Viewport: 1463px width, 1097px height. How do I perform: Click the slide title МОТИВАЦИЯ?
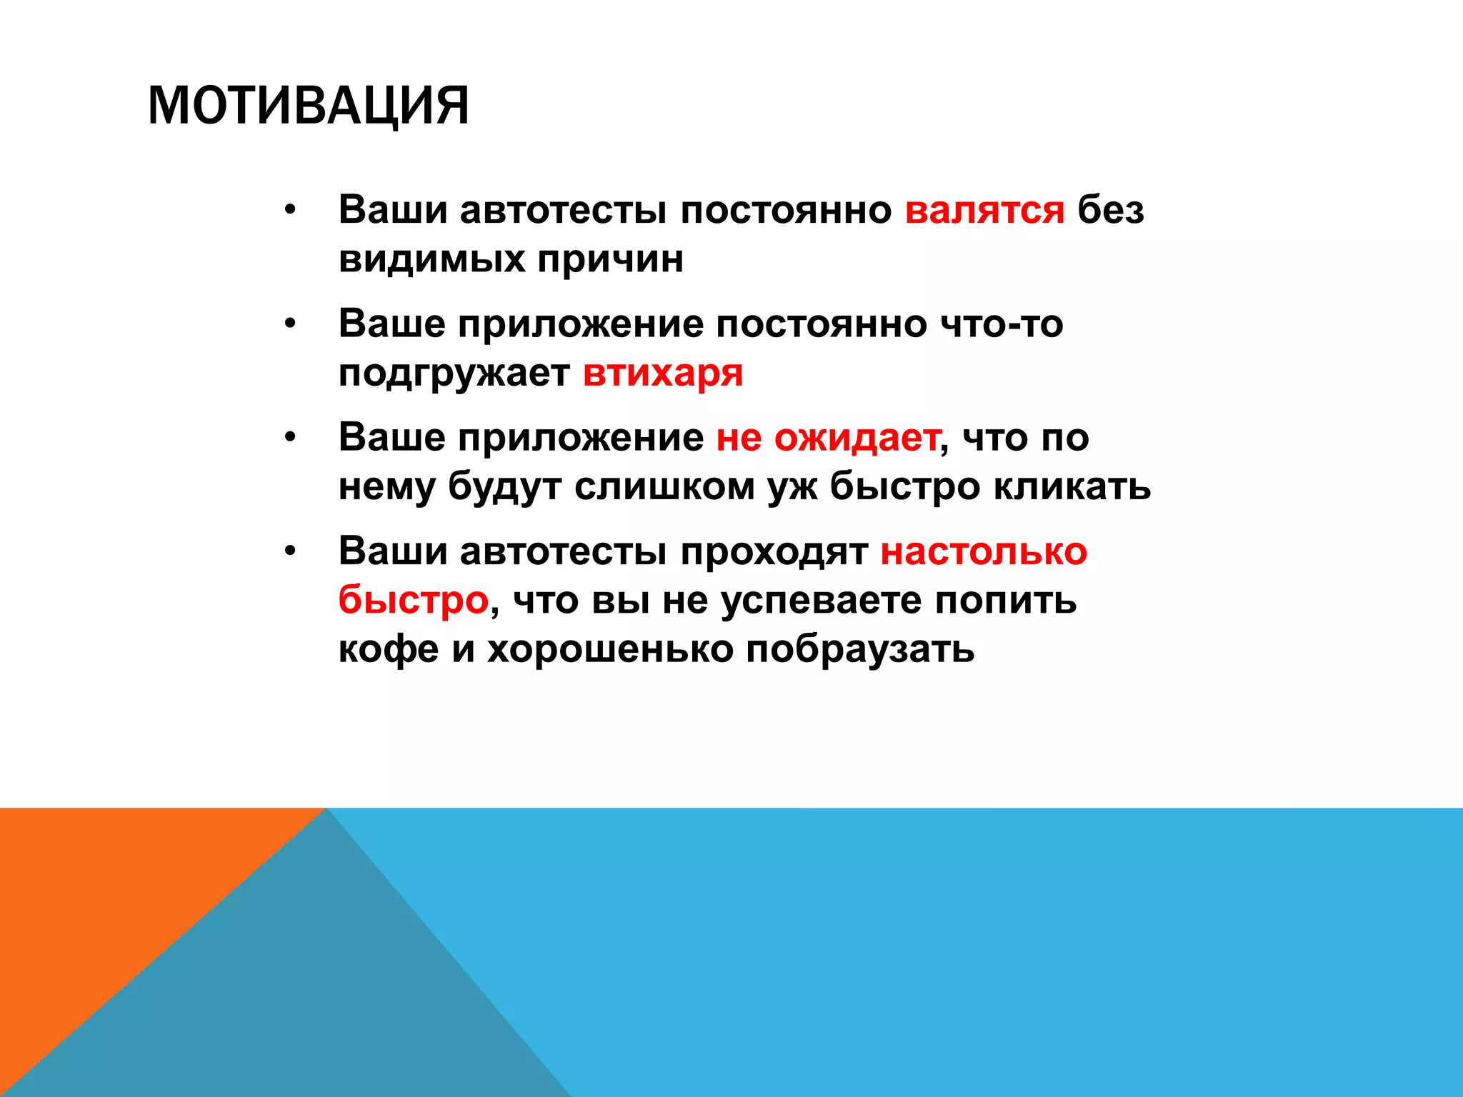coord(308,106)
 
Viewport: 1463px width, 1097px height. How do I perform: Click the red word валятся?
coord(984,211)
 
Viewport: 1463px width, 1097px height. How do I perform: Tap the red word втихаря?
coord(663,373)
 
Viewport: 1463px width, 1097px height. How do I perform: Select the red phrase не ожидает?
coord(828,437)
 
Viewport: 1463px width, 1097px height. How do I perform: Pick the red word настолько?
coord(984,551)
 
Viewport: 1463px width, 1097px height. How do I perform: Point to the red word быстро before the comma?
coord(413,600)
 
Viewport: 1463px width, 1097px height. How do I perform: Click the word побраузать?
coord(860,649)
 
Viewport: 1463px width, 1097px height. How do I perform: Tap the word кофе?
coord(388,649)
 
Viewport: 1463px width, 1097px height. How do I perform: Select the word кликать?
coord(1072,487)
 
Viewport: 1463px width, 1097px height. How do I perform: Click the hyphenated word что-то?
coord(1002,324)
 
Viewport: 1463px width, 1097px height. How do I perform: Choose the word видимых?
coord(431,259)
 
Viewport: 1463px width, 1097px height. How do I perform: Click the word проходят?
coord(774,551)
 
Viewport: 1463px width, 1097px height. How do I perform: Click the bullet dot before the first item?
coord(289,211)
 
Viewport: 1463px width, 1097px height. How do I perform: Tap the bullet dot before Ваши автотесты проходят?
coord(289,551)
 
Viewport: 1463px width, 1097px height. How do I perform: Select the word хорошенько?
coord(610,649)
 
